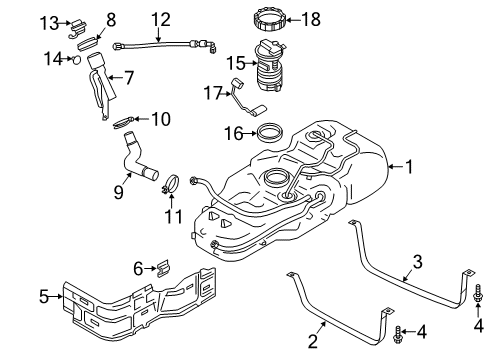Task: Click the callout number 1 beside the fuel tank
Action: [408, 168]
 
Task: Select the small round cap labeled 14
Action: [76, 60]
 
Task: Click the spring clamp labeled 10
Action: [126, 122]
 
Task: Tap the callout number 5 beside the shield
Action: [44, 295]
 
